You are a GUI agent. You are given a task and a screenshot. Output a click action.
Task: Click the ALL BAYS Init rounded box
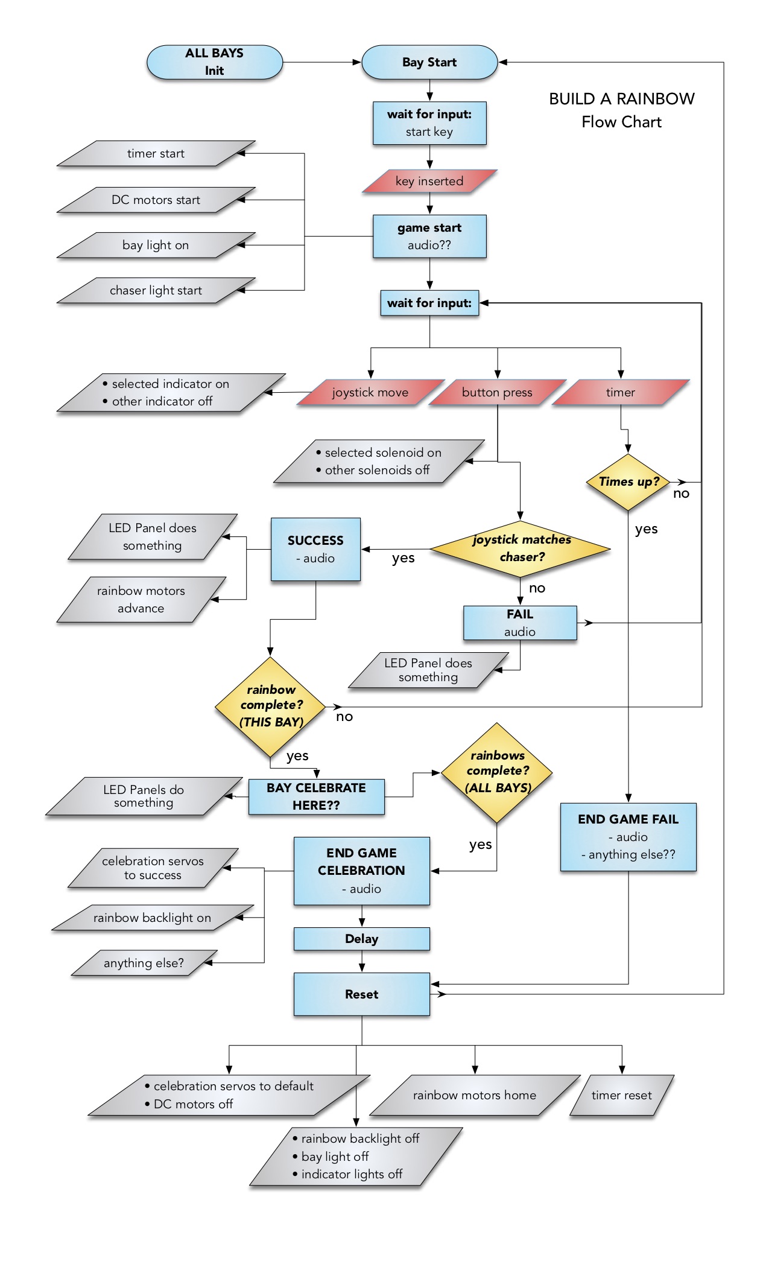(x=214, y=62)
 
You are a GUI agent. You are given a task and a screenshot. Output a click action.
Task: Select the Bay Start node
(x=429, y=62)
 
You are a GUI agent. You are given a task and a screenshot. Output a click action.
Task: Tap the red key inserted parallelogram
(x=429, y=181)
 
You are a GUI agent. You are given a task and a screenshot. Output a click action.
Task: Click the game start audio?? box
(x=429, y=236)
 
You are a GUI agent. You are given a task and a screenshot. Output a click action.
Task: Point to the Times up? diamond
(x=628, y=481)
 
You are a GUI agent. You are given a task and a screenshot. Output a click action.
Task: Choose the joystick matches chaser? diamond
(x=521, y=548)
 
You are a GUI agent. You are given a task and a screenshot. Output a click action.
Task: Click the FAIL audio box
(x=519, y=623)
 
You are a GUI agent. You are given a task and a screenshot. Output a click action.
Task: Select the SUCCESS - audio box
(x=315, y=549)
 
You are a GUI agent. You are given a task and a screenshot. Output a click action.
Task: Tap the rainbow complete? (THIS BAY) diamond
(x=271, y=706)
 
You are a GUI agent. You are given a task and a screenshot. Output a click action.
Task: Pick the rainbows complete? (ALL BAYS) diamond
(x=497, y=772)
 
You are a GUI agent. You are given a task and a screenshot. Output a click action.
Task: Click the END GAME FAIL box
(x=628, y=836)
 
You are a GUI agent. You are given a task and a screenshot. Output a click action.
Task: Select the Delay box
(x=361, y=939)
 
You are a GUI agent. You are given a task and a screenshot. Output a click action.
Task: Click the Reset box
(x=361, y=994)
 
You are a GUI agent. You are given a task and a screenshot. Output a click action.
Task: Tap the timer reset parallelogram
(x=621, y=1095)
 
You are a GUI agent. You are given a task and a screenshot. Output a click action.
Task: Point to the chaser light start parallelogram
(x=156, y=290)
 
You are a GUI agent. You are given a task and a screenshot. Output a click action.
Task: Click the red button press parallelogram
(x=497, y=392)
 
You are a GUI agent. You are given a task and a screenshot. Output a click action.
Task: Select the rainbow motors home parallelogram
(x=474, y=1095)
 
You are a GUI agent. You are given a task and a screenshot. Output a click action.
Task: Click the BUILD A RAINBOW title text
(x=621, y=99)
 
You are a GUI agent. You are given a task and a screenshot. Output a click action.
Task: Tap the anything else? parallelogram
(x=144, y=963)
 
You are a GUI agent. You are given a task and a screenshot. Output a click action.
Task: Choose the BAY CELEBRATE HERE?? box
(x=316, y=796)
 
